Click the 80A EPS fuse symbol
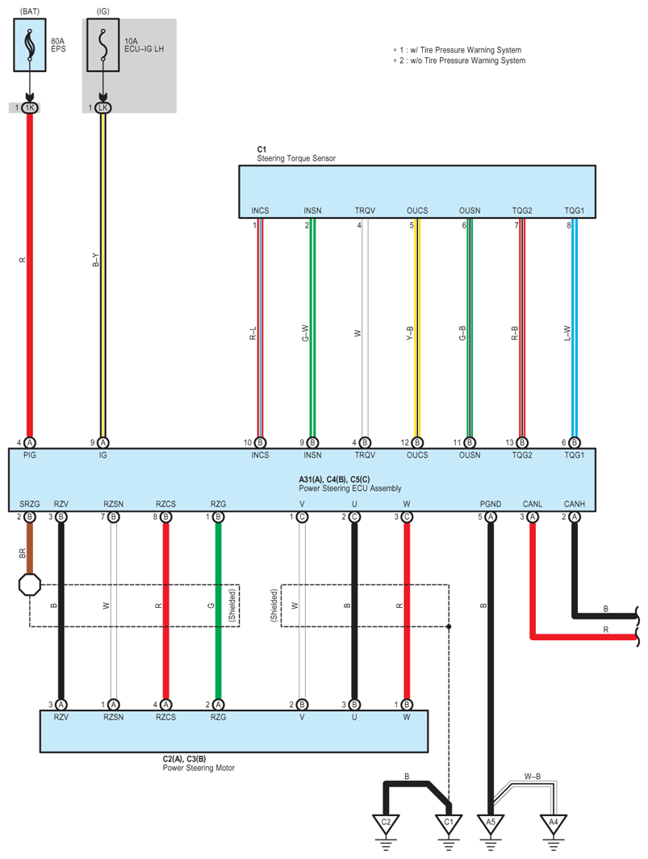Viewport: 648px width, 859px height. pos(30,47)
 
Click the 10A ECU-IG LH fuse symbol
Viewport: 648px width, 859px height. pos(102,47)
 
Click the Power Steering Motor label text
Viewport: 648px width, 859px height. pos(199,768)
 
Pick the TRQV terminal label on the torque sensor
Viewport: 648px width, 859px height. pos(365,211)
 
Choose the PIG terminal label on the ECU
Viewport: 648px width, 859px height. pos(30,456)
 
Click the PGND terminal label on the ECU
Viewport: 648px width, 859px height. pos(490,504)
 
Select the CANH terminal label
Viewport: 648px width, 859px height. pos(575,504)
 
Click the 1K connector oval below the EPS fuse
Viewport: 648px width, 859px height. pos(30,107)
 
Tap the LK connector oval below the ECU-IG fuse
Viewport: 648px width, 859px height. pos(102,107)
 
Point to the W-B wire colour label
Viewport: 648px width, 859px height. pos(532,777)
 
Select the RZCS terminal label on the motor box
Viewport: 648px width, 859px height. pos(165,716)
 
